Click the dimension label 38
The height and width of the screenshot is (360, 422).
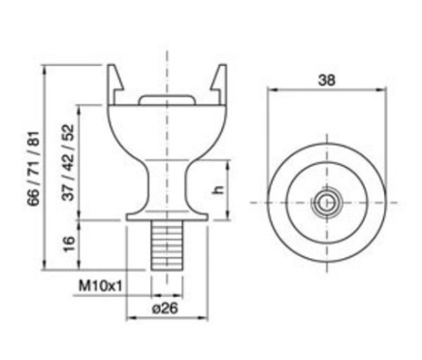click(x=327, y=81)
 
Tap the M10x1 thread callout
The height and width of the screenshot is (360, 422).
click(x=101, y=286)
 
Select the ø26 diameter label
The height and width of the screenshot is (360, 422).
click(x=165, y=309)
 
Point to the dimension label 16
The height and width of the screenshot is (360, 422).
click(x=69, y=244)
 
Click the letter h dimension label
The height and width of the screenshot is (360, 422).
click(x=219, y=189)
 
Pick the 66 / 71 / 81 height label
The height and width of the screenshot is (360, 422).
click(x=33, y=168)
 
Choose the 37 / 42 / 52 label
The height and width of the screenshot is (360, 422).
click(x=68, y=162)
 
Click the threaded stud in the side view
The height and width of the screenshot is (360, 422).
click(x=167, y=245)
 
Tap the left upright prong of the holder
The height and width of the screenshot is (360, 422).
click(x=115, y=84)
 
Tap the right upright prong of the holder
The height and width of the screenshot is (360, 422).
click(x=219, y=84)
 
